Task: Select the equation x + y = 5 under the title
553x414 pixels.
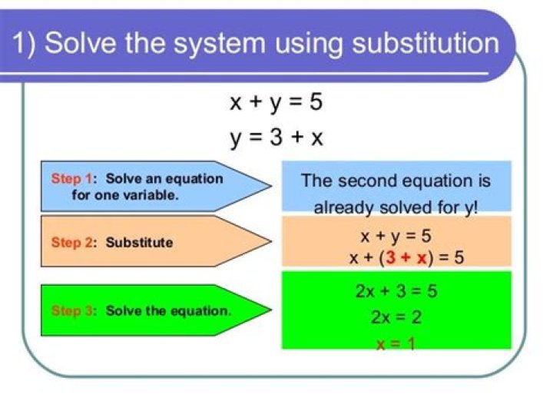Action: (276, 102)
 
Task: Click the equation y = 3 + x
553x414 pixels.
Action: (276, 137)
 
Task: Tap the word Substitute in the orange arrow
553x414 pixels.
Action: (139, 243)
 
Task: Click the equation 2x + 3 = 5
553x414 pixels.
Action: (396, 292)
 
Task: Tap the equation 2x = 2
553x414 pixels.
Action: (396, 317)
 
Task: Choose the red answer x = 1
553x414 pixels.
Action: (396, 343)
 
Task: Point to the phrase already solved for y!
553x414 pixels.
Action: (396, 208)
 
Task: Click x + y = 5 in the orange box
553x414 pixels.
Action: (396, 236)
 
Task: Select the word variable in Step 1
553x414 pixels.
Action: (152, 195)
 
